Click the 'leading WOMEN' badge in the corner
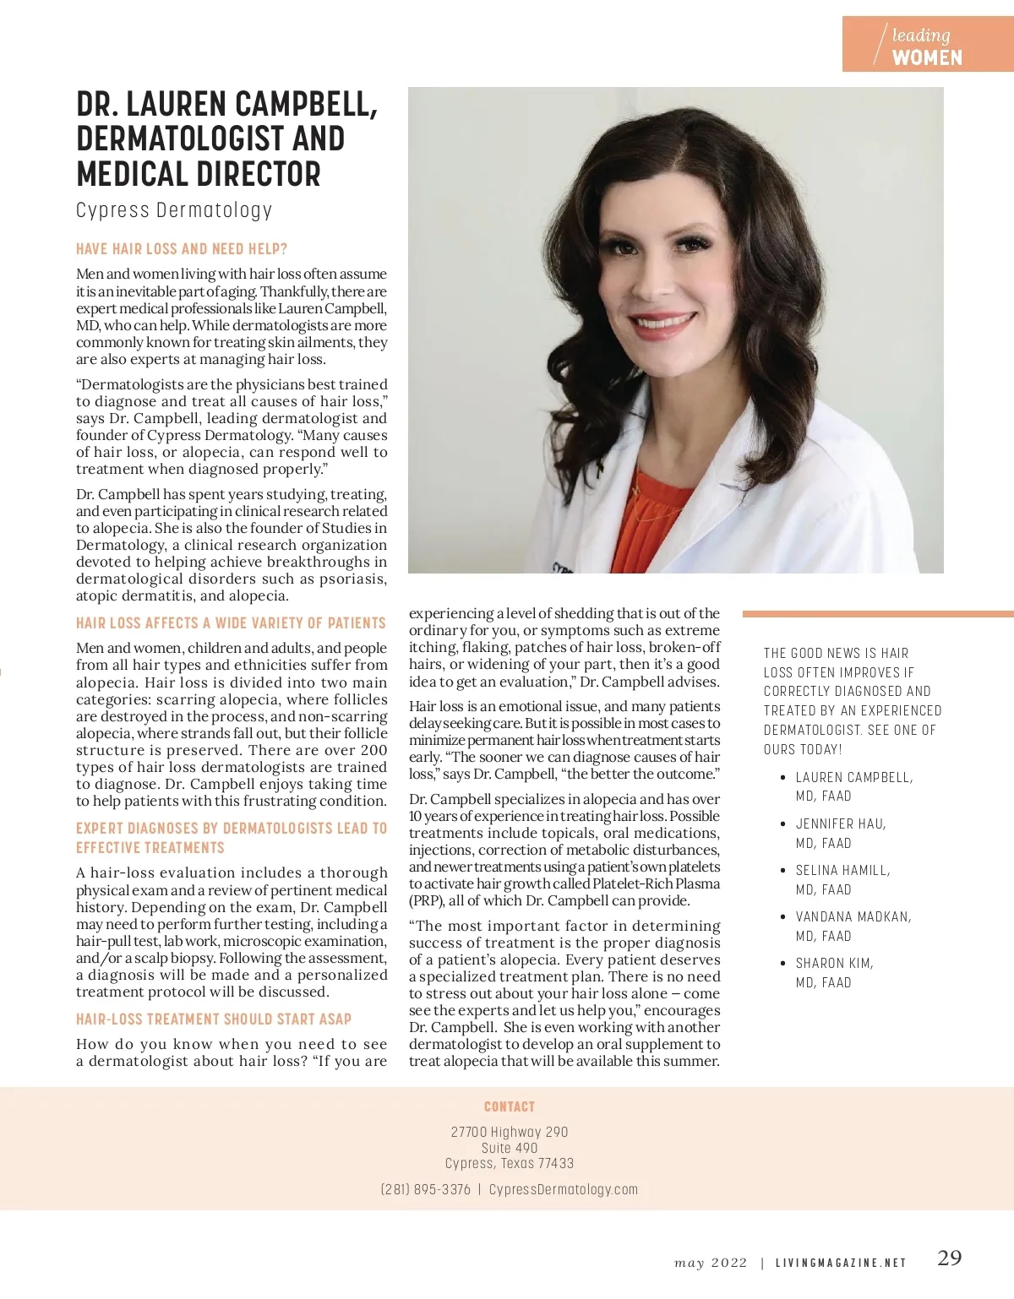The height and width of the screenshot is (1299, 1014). [x=927, y=45]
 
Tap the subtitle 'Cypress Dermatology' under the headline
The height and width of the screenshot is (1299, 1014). [x=174, y=210]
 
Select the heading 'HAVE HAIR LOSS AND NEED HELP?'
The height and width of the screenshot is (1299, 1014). [x=182, y=249]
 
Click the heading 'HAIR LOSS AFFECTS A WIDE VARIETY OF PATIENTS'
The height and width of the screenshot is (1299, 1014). [x=231, y=623]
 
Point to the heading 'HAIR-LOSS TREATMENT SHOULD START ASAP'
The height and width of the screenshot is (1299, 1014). [x=214, y=1019]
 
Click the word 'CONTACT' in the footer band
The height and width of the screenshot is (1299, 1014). [x=510, y=1106]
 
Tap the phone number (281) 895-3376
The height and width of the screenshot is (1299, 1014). [x=426, y=1189]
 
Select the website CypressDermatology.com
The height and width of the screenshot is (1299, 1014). [x=564, y=1189]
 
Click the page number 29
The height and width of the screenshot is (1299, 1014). [x=950, y=1258]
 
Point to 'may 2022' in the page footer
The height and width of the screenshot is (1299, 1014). [x=711, y=1263]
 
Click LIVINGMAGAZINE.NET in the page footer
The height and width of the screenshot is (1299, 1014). [x=841, y=1263]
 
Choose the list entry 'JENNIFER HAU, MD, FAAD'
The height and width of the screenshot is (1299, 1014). [x=840, y=833]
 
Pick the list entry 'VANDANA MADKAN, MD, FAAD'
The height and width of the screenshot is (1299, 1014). [x=853, y=926]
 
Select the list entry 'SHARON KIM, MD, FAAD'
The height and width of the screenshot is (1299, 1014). [x=834, y=972]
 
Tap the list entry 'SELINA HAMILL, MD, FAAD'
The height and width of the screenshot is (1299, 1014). [x=842, y=879]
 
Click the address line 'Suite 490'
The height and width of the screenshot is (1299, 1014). [x=510, y=1148]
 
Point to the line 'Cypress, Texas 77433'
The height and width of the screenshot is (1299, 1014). [x=510, y=1163]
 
